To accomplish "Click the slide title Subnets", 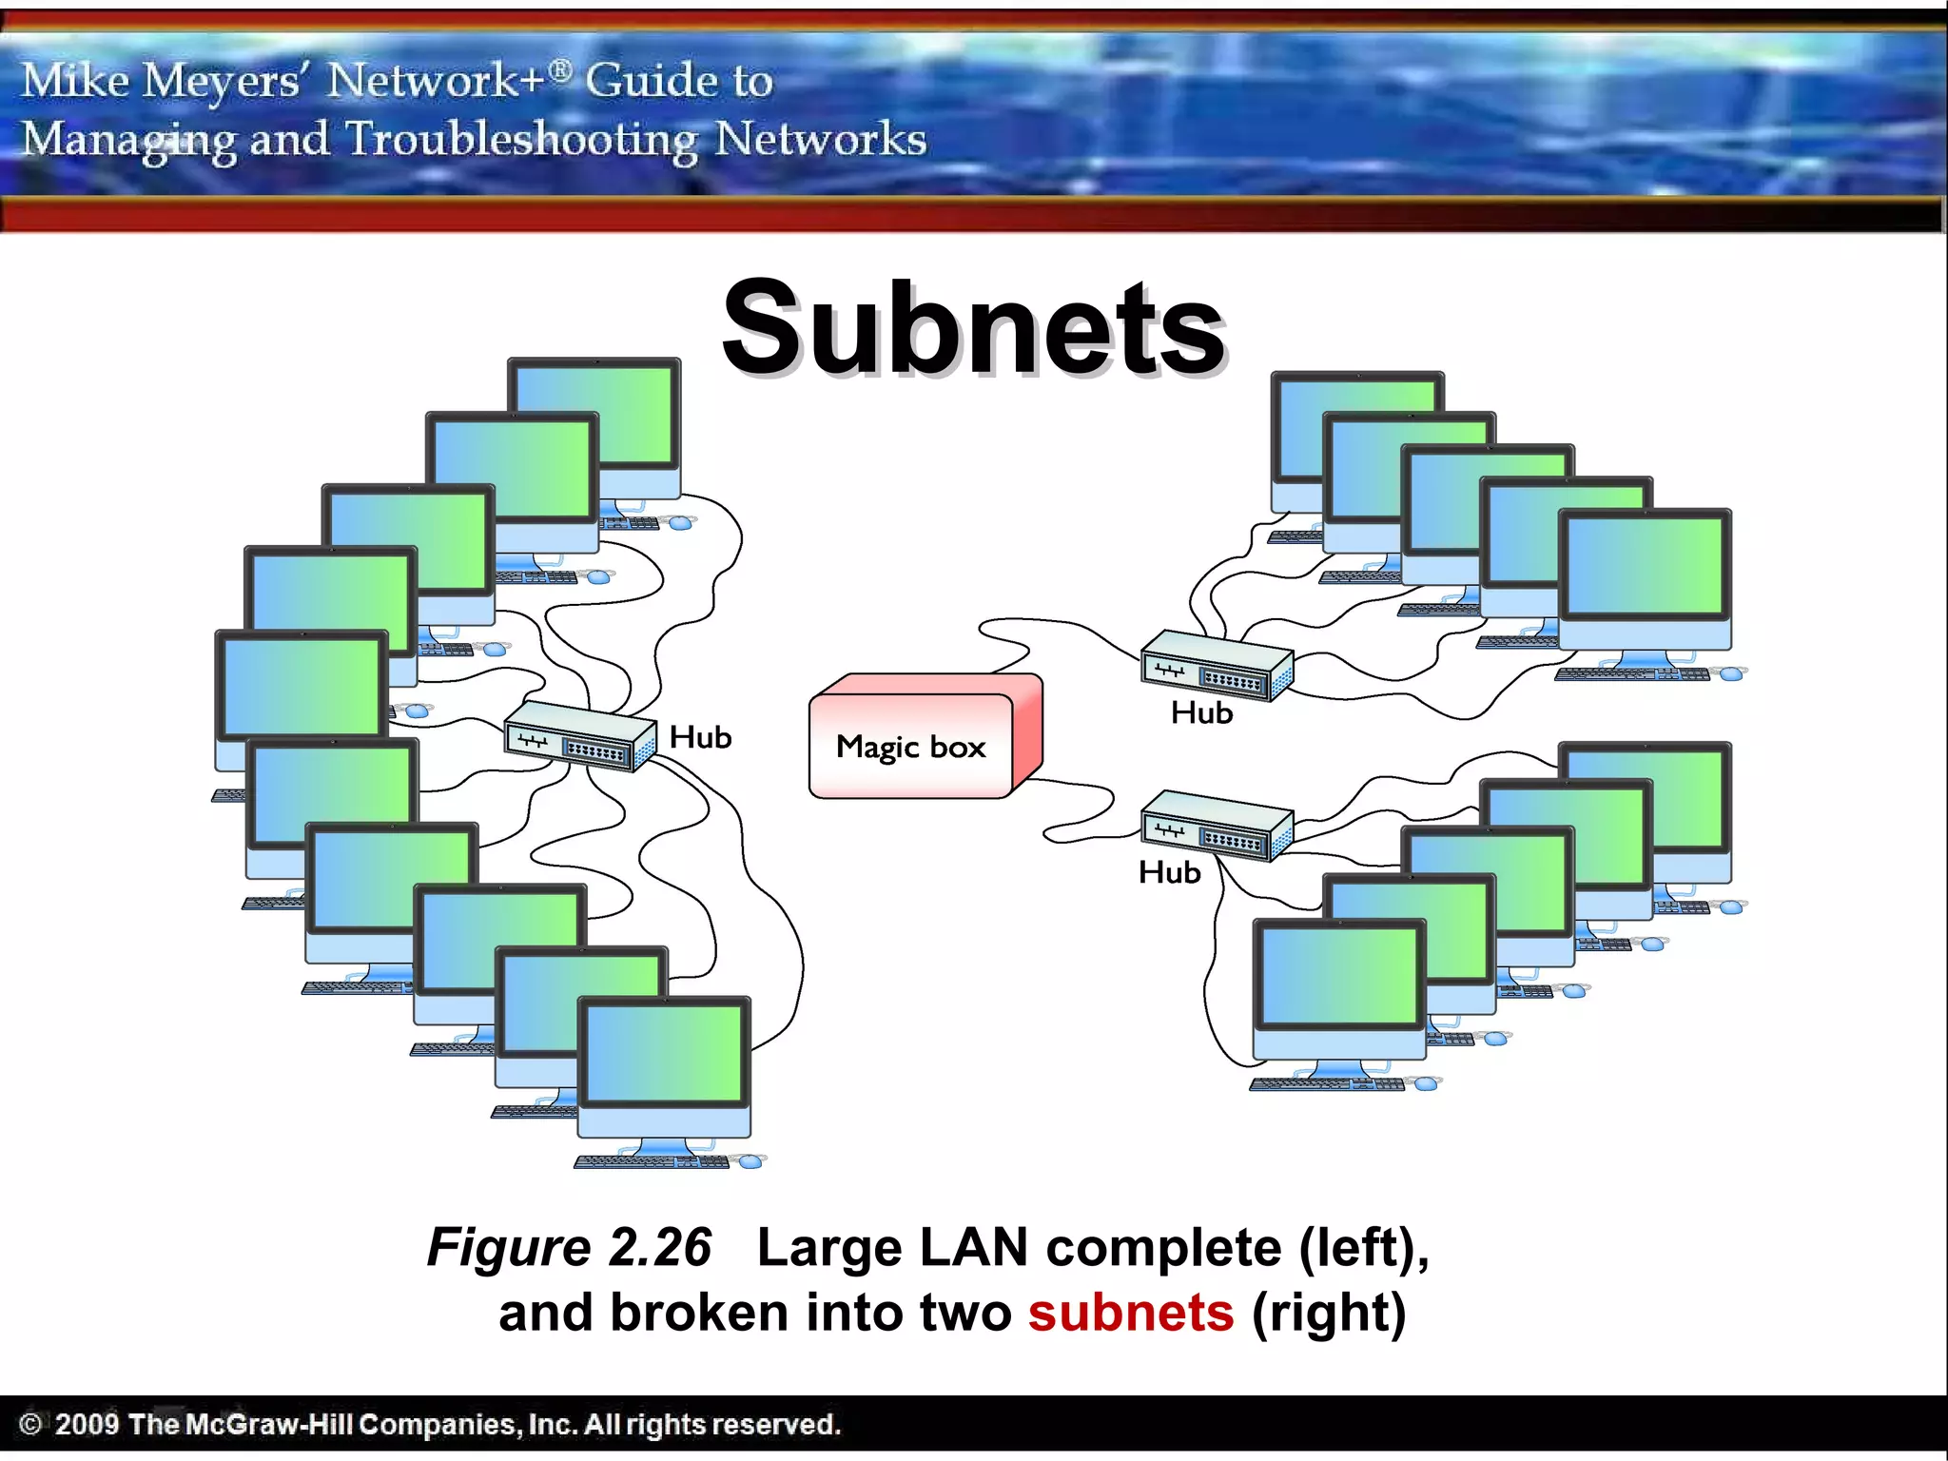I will pyautogui.click(x=973, y=328).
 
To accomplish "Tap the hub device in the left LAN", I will pyautogui.click(x=579, y=737).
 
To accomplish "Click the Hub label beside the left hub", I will pyautogui.click(x=700, y=737).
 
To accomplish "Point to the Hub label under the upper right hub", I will pyautogui.click(x=1201, y=712).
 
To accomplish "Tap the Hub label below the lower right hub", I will pyautogui.click(x=1169, y=872).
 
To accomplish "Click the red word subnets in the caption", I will pyautogui.click(x=1130, y=1313).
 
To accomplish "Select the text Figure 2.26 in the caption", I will pyautogui.click(x=569, y=1247).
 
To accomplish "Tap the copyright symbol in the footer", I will pyautogui.click(x=30, y=1424).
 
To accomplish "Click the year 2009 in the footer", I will pyautogui.click(x=87, y=1424).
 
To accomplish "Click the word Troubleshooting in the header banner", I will pyautogui.click(x=521, y=140).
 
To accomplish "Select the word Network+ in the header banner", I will pyautogui.click(x=438, y=80).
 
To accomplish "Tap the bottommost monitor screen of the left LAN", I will pyautogui.click(x=664, y=1053).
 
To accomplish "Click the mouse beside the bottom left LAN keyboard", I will pyautogui.click(x=750, y=1161).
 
